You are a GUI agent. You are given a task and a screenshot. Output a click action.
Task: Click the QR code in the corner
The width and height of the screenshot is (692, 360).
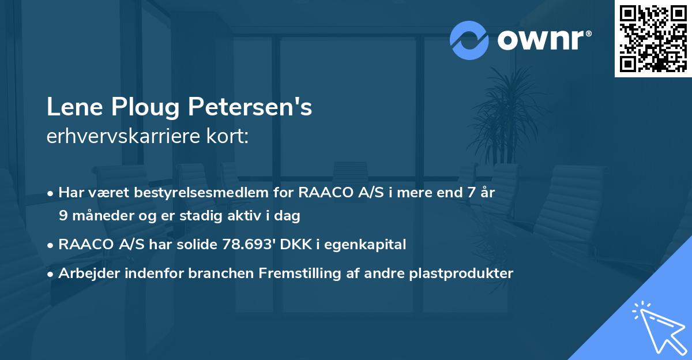coord(653,39)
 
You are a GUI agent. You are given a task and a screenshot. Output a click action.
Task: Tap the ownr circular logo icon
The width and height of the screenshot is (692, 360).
coord(469,40)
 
